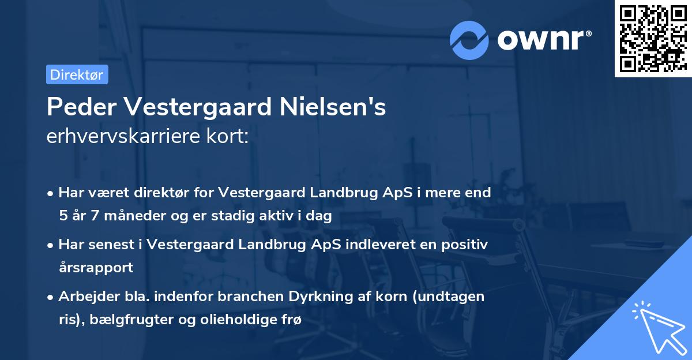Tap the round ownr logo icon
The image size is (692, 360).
pos(469,40)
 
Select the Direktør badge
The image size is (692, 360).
pos(77,74)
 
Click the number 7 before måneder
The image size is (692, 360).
pos(95,216)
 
